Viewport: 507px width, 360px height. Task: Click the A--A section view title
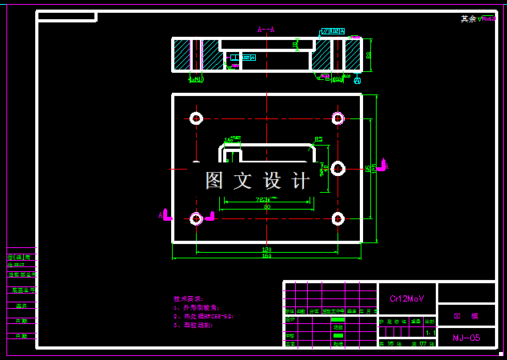click(266, 30)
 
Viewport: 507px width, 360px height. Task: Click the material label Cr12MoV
click(407, 298)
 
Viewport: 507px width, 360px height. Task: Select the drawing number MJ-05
click(466, 338)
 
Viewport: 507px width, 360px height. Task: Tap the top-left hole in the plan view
click(196, 118)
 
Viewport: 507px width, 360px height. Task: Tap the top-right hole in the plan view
click(337, 118)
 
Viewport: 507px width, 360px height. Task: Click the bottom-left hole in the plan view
click(196, 218)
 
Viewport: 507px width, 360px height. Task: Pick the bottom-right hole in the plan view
click(337, 218)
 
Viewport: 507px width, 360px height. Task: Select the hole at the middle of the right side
click(337, 168)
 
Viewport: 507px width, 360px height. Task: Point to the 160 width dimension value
click(266, 256)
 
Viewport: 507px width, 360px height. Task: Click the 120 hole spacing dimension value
click(266, 249)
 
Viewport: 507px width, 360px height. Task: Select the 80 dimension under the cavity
click(266, 206)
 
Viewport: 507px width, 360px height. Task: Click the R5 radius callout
click(318, 139)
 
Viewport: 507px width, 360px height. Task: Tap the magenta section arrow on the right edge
click(382, 166)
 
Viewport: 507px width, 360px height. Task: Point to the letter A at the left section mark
click(161, 215)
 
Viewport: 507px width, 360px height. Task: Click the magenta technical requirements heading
click(189, 298)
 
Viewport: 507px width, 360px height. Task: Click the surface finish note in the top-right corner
click(478, 18)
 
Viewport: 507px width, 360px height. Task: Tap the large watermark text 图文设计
click(257, 181)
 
